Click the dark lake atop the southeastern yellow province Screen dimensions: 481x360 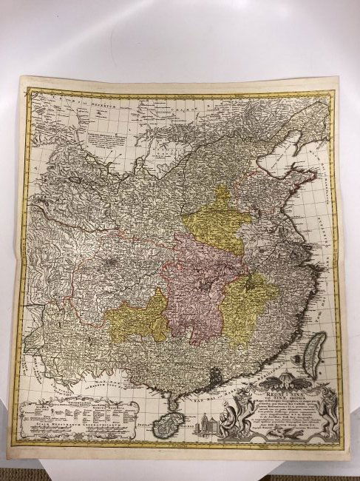click(254, 282)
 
